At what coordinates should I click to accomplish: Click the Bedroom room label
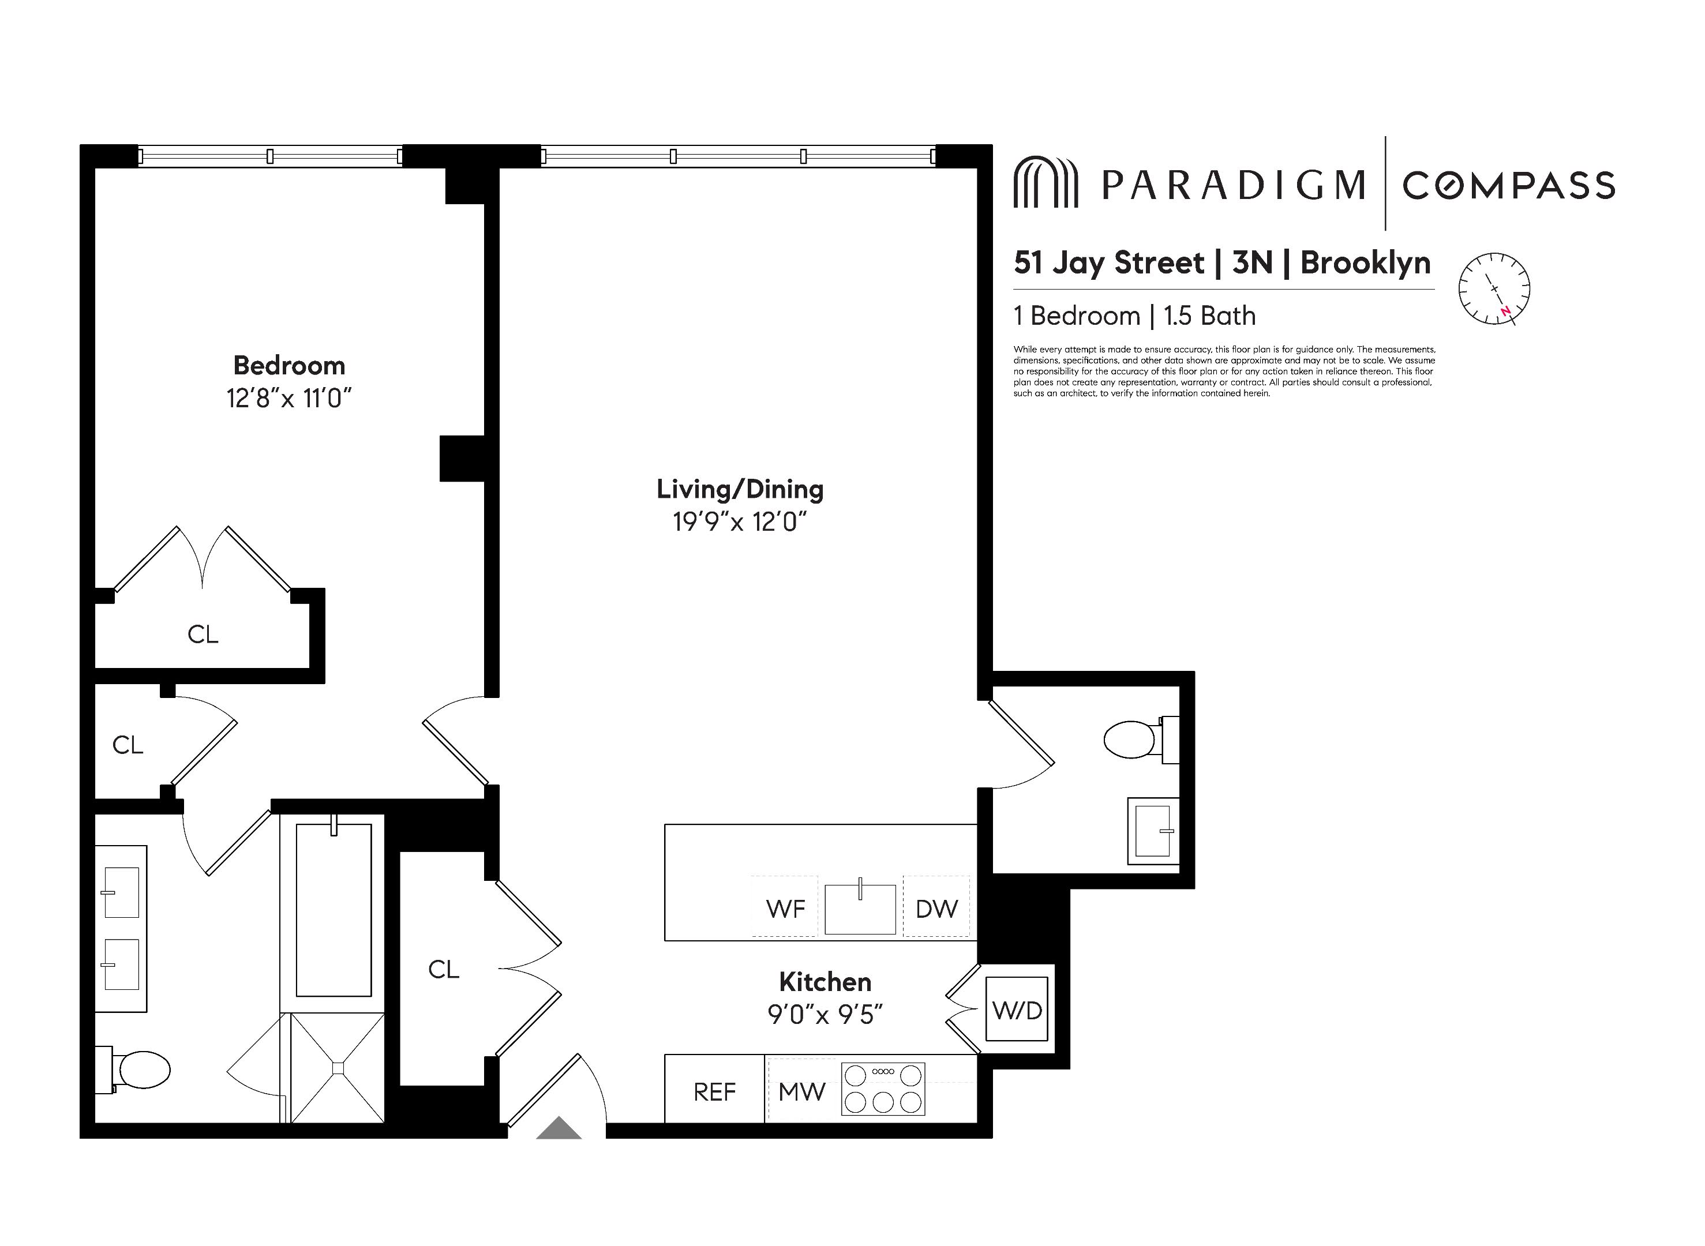tap(289, 366)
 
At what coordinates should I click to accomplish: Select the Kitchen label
tap(825, 982)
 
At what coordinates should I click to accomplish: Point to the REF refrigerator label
tap(714, 1091)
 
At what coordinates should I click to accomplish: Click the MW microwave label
tap(801, 1091)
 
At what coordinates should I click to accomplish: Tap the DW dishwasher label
tap(936, 909)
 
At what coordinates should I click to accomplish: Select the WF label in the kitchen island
tap(785, 909)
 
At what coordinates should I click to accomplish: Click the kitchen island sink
tap(860, 909)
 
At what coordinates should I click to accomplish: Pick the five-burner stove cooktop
tap(883, 1089)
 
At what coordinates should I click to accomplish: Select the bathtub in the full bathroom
tap(333, 910)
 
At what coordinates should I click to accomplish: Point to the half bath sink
tap(1152, 831)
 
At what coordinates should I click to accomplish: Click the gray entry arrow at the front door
tap(559, 1128)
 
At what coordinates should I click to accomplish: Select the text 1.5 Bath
tap(1209, 316)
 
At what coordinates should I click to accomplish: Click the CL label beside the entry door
tap(443, 969)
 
